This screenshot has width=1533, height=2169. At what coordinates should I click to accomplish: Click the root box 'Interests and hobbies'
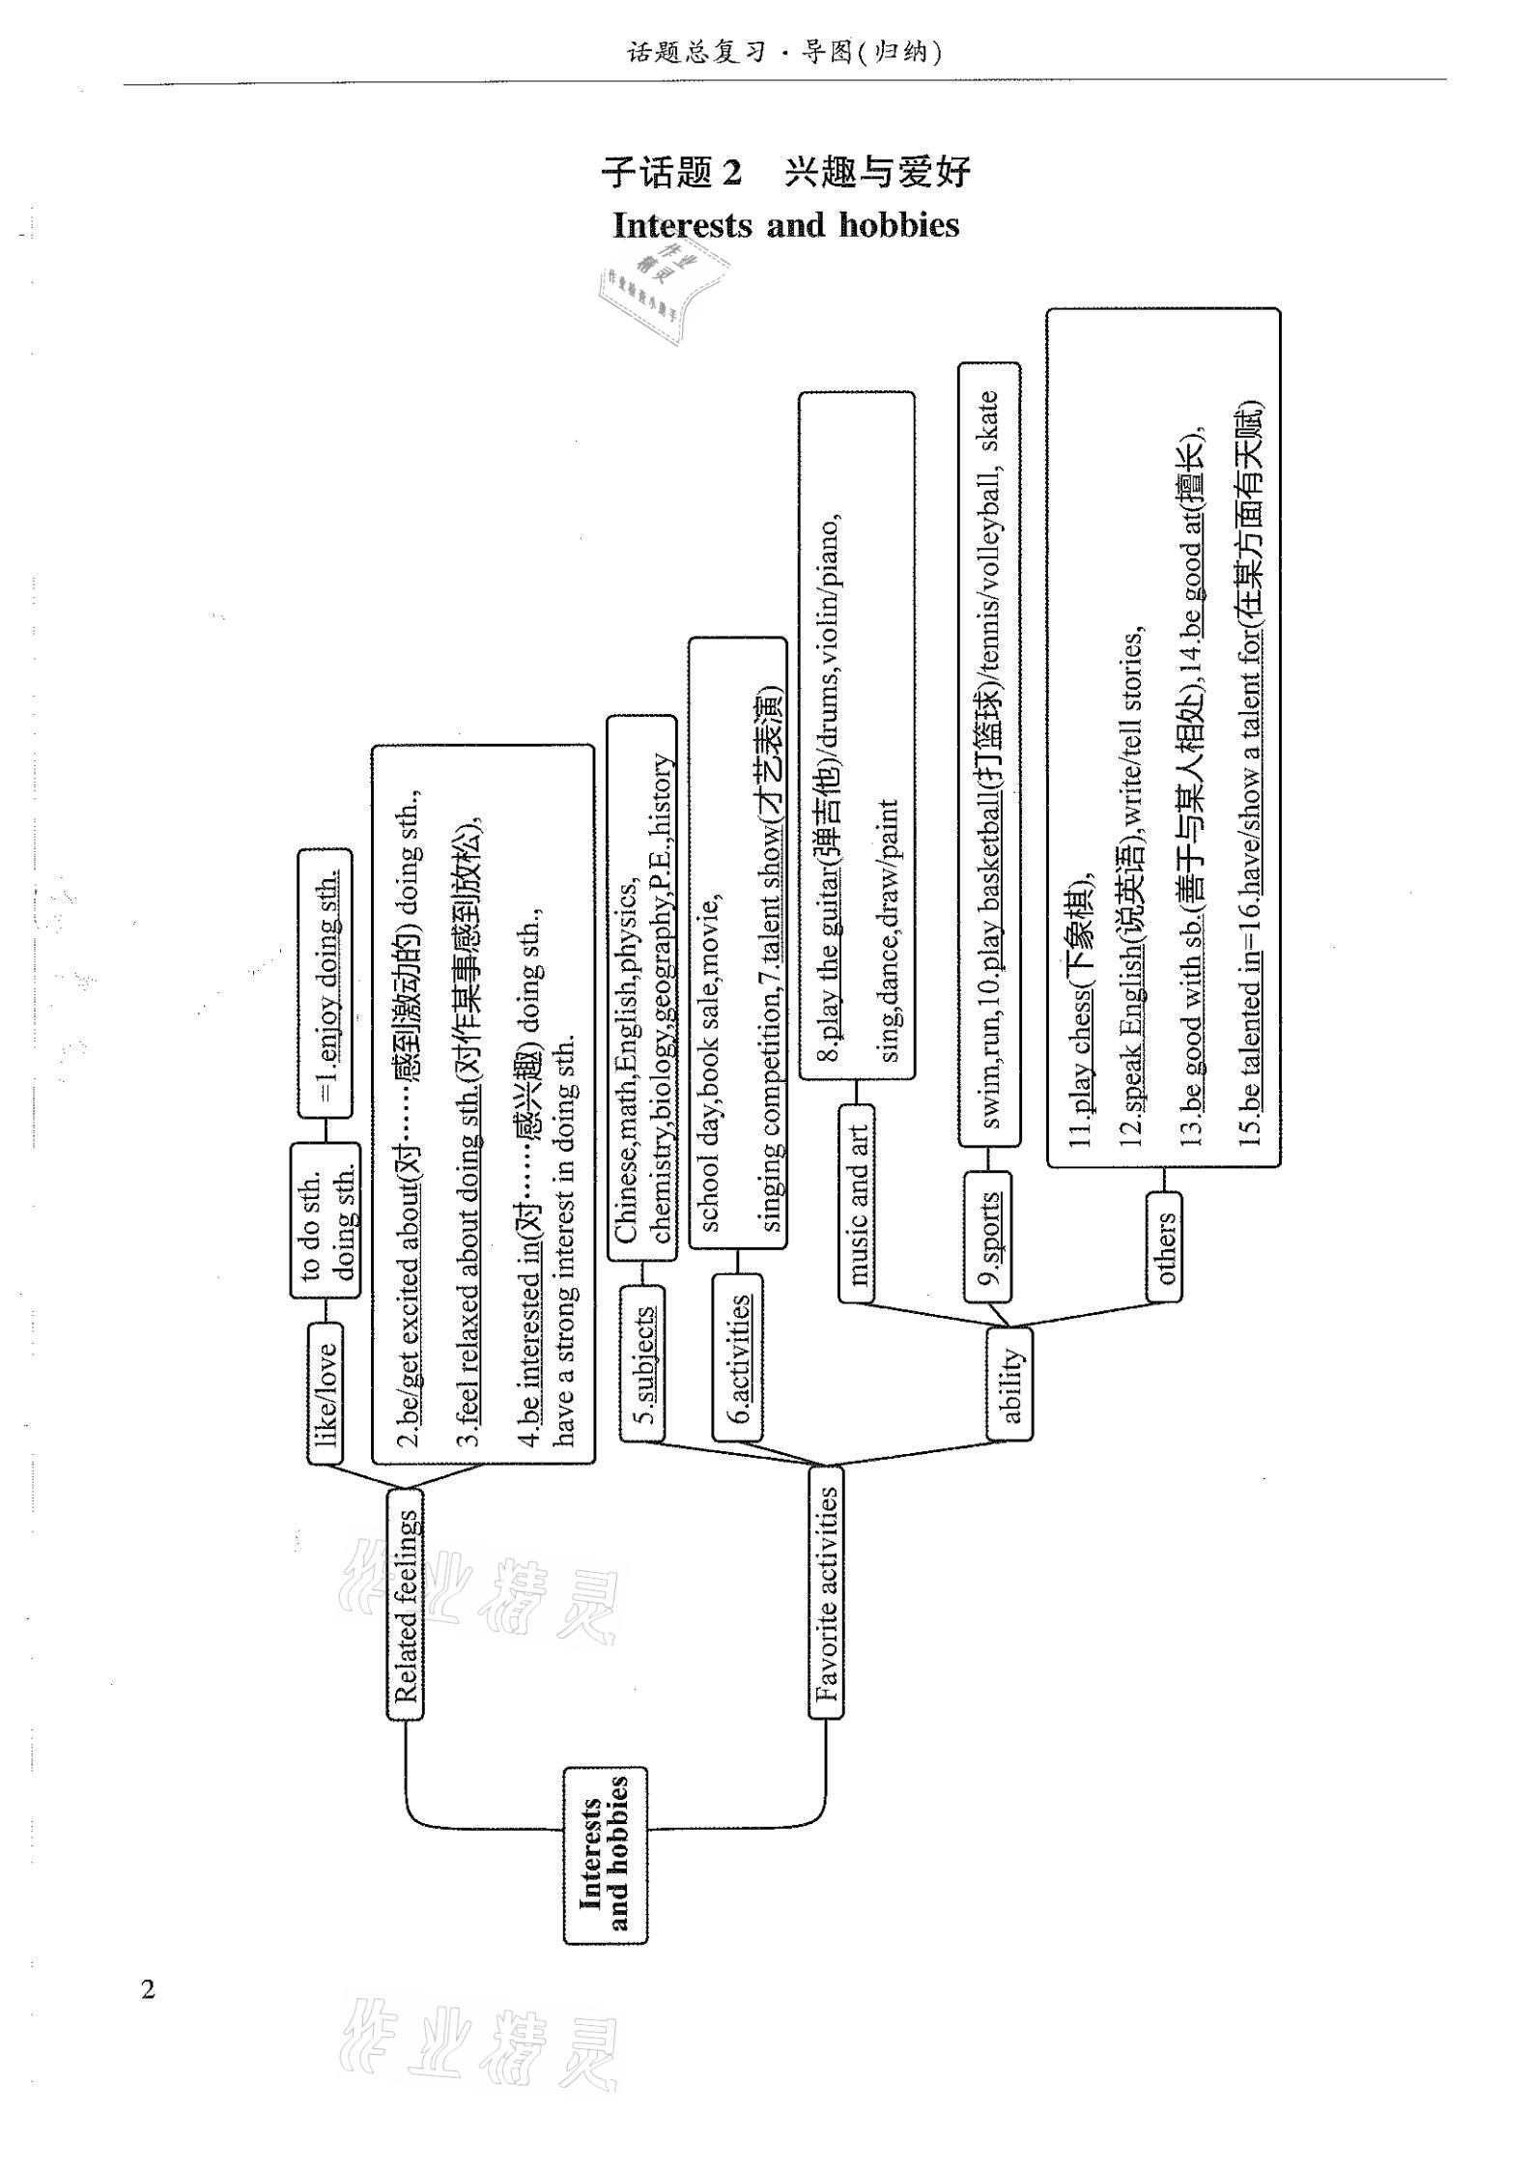606,1855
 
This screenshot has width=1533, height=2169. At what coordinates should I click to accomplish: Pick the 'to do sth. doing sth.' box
326,1221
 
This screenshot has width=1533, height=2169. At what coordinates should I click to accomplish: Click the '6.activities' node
737,1356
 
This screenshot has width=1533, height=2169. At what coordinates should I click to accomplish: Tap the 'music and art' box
856,1203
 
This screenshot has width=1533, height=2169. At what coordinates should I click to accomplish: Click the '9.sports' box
987,1237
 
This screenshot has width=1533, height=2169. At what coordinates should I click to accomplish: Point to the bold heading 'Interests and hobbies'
786,225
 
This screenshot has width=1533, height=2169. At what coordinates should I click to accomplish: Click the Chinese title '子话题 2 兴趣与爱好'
785,173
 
